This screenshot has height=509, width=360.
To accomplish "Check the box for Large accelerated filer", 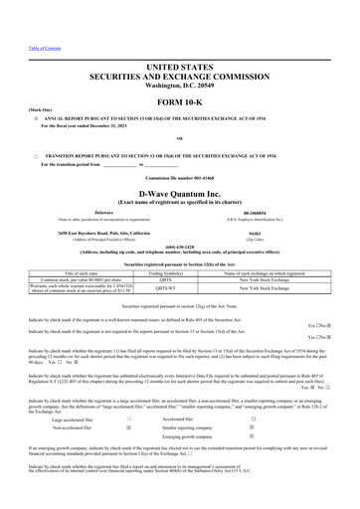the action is [129, 419].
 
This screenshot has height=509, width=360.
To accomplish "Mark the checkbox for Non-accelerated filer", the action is [129, 428].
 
